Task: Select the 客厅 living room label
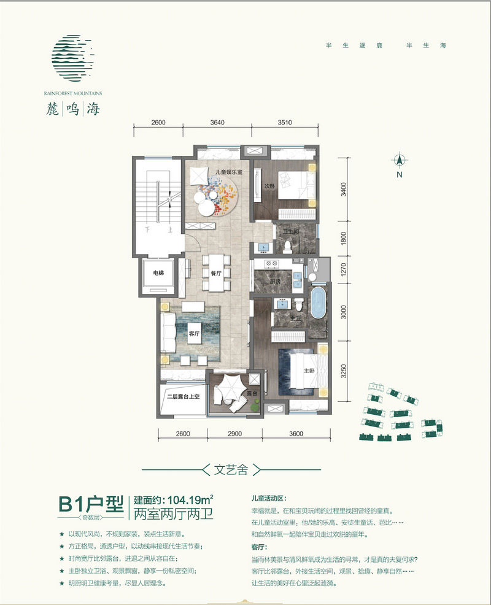[x=195, y=334]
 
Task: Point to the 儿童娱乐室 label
[x=229, y=174]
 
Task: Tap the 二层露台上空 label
[x=183, y=396]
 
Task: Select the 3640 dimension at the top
[x=218, y=123]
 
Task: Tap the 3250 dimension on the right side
[x=344, y=371]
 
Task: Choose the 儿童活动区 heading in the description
[x=269, y=499]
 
